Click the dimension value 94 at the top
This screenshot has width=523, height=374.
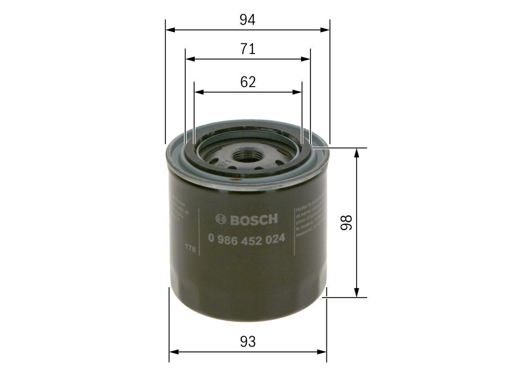point(248,20)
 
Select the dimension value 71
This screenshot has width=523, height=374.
point(248,49)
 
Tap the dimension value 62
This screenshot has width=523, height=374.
point(248,82)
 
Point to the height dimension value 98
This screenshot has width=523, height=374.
point(346,223)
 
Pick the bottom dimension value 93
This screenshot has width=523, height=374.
point(248,342)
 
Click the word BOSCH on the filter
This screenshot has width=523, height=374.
point(253,219)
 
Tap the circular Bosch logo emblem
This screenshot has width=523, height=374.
point(221,219)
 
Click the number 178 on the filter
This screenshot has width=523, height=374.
point(190,248)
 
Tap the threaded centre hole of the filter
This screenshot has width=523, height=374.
point(247,155)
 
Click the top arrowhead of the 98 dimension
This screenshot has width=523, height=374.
point(357,152)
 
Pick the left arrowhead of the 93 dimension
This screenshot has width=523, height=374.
point(174,351)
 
